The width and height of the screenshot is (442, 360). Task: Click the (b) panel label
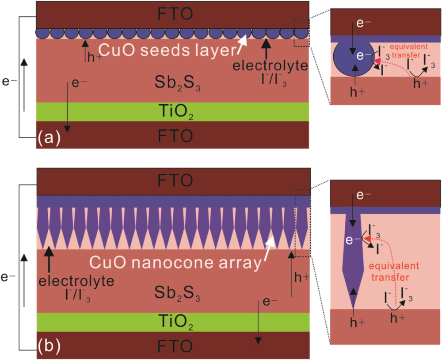coord(48,345)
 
